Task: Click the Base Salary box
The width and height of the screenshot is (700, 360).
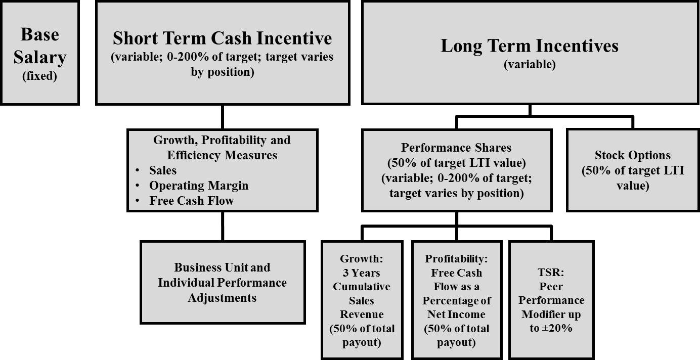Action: coord(39,53)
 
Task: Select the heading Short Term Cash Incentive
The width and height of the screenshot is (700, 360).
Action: coord(222,38)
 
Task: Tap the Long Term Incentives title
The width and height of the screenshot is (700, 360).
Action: coord(530,46)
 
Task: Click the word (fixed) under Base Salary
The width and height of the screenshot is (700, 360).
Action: coord(39,76)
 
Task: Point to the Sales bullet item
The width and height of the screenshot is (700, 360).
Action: coord(163,170)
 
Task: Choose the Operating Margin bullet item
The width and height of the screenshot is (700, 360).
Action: coord(199,186)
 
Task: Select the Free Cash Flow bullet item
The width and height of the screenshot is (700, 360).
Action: coord(192,201)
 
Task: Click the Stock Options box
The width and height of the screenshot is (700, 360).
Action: coord(633,170)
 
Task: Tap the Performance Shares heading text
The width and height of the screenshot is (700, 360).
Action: coord(456,148)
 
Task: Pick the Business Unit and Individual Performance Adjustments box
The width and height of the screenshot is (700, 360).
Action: coord(223,282)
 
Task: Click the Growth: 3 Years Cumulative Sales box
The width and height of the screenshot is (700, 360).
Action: coord(362,300)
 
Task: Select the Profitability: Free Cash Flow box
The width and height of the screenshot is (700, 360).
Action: coord(457,300)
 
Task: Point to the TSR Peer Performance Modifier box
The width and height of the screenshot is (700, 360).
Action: coord(551,300)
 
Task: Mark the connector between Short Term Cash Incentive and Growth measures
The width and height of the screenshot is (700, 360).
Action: coord(223,117)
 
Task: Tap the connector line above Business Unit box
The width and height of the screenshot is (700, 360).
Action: coord(223,226)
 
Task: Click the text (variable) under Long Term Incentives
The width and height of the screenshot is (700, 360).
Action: coord(530,65)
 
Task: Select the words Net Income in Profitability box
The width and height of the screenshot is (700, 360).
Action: coord(456,314)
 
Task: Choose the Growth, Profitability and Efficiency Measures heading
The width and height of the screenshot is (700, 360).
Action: coord(222,148)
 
